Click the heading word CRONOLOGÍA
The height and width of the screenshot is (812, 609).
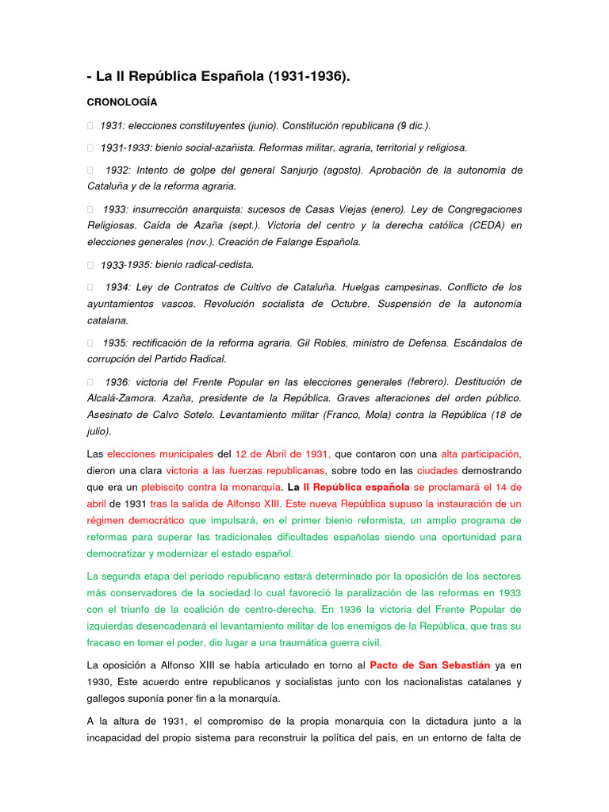121,102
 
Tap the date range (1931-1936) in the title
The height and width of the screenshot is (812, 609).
308,77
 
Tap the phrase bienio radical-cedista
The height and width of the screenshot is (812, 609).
205,265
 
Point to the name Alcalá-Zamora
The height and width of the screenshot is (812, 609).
121,398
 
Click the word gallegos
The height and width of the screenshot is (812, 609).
105,698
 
